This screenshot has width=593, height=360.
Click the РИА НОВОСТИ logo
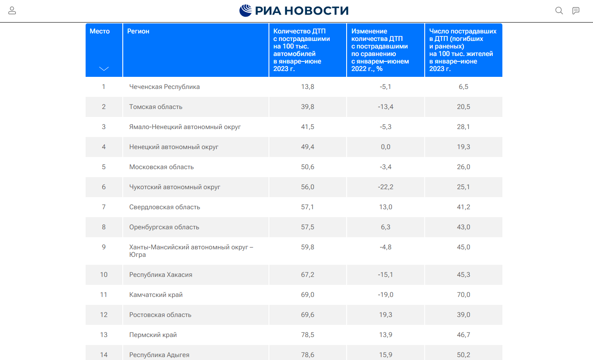[x=294, y=10]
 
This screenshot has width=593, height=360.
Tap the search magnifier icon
[x=559, y=10]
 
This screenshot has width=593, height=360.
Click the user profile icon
[x=12, y=10]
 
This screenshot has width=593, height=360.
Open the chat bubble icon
[x=576, y=10]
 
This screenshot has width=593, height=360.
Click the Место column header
[x=99, y=31]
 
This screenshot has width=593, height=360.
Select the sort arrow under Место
[x=104, y=69]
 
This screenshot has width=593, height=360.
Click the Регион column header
[x=138, y=31]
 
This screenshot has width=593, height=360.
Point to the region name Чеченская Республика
[x=165, y=87]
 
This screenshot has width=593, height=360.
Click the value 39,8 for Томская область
[x=308, y=106]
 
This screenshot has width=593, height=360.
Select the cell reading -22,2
[x=385, y=187]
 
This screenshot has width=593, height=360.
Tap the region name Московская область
[x=162, y=167]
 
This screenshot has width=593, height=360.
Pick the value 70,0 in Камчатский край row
[x=464, y=294]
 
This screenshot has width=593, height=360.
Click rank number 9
[x=104, y=247]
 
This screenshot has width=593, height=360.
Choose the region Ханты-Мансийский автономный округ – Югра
[x=191, y=251]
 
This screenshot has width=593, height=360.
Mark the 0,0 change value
[x=385, y=147]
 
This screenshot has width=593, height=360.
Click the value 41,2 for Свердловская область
[x=464, y=207]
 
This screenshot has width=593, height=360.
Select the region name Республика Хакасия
[x=161, y=275]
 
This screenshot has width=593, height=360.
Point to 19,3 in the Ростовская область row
[x=385, y=315]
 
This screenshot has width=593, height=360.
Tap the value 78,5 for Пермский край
[x=308, y=335]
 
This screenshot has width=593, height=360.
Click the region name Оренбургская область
[x=164, y=227]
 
